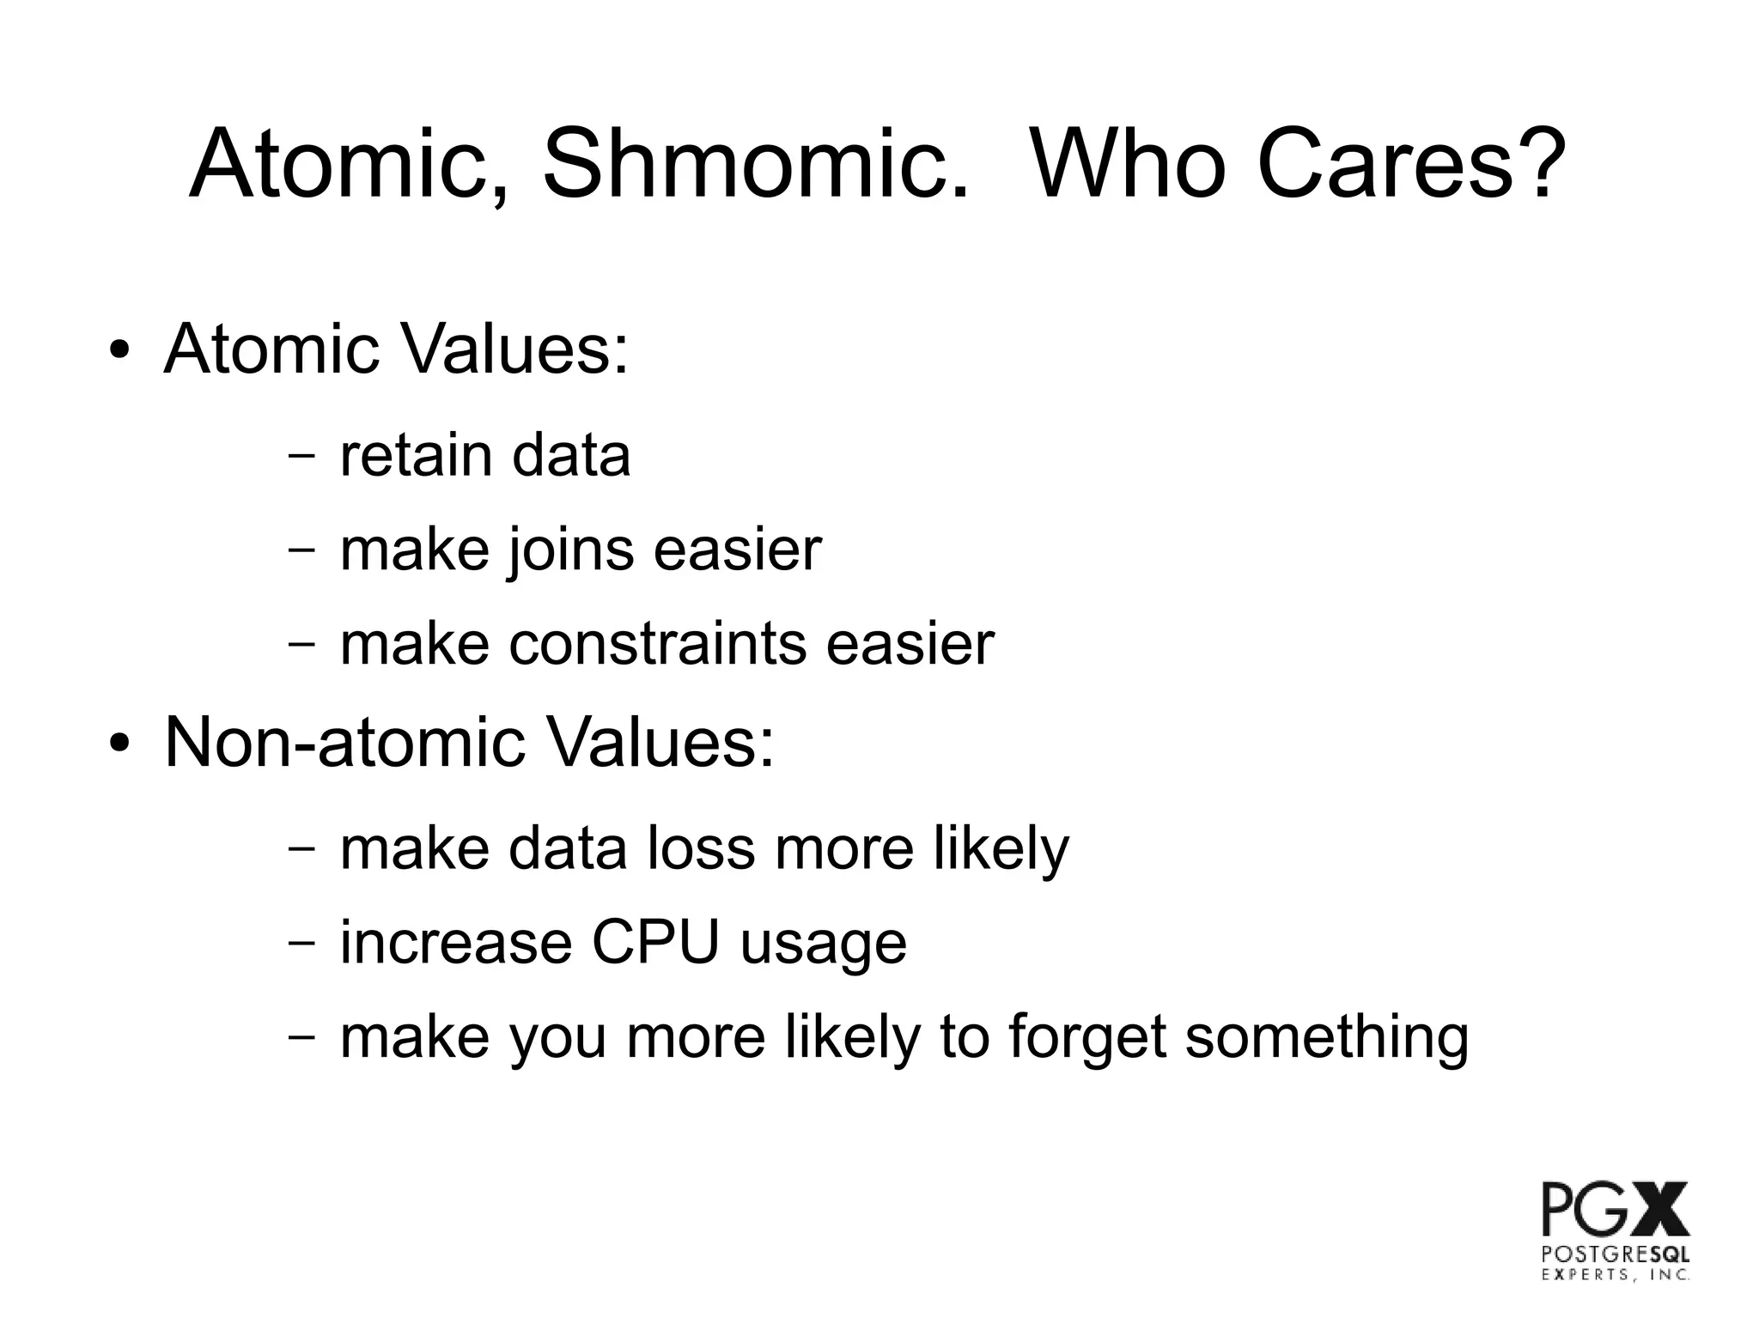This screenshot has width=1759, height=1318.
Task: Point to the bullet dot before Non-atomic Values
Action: click(119, 743)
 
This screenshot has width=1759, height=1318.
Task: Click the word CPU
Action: click(655, 943)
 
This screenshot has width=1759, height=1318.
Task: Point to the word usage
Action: click(823, 944)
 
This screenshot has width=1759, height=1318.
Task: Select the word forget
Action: click(1086, 1037)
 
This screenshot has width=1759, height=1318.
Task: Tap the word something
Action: click(1326, 1037)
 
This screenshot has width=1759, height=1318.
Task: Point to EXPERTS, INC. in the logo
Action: click(1616, 1275)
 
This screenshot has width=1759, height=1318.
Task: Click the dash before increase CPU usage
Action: click(301, 942)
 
